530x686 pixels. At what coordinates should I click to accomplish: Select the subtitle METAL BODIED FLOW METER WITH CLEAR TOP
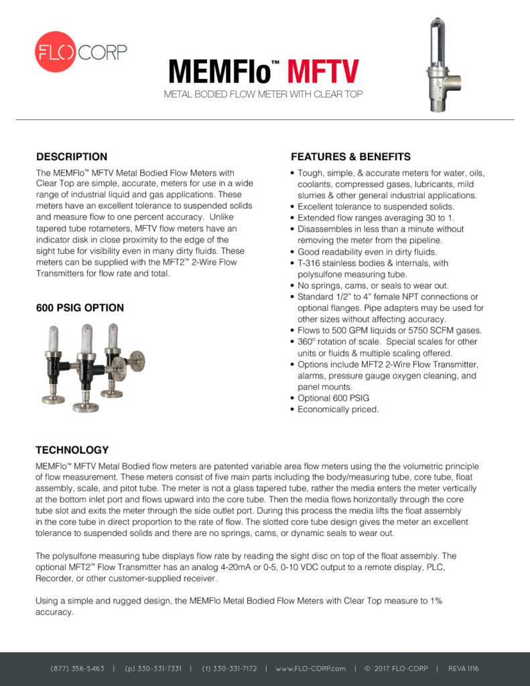(263, 94)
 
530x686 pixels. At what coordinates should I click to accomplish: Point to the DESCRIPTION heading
(72, 157)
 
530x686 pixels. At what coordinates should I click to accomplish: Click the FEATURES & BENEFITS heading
(350, 157)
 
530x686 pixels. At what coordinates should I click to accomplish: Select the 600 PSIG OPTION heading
(80, 308)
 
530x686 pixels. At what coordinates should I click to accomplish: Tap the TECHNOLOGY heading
(72, 450)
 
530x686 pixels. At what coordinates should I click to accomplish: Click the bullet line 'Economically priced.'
(338, 409)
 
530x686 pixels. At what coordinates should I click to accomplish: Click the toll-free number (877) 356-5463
(77, 669)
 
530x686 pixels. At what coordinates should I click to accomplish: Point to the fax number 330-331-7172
(229, 669)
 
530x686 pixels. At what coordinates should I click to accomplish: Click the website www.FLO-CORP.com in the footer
(310, 669)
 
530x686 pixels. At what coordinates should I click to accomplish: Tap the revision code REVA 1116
(464, 669)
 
